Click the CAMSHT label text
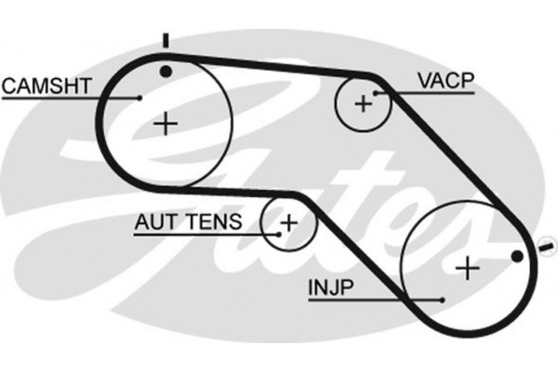[x=46, y=86]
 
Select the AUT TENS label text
[x=188, y=222]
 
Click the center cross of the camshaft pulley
[x=166, y=123]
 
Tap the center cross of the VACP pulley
[x=363, y=103]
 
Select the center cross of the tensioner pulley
[x=288, y=223]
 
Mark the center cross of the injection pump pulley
[x=468, y=269]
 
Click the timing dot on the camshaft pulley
[x=166, y=72]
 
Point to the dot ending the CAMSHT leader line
[x=139, y=97]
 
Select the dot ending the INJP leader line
[x=441, y=299]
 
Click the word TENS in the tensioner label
[x=218, y=222]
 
